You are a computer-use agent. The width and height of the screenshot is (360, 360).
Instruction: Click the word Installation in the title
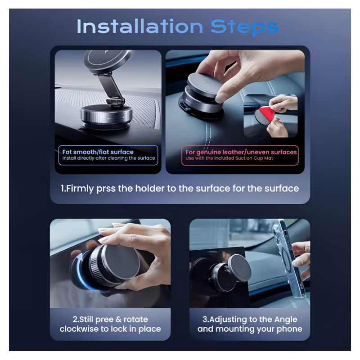coord(140,27)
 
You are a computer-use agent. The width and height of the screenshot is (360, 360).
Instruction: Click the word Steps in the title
coord(244,27)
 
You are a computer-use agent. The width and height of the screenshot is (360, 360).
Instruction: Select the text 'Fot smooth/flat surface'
coord(98,152)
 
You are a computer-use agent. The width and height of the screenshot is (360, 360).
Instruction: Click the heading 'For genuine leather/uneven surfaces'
coord(241,152)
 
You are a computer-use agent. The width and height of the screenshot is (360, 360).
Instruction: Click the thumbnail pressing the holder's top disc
coord(221,98)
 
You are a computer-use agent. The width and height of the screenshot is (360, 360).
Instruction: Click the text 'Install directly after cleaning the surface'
coord(108,158)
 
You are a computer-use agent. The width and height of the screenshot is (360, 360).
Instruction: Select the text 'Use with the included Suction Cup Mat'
coord(229,158)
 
